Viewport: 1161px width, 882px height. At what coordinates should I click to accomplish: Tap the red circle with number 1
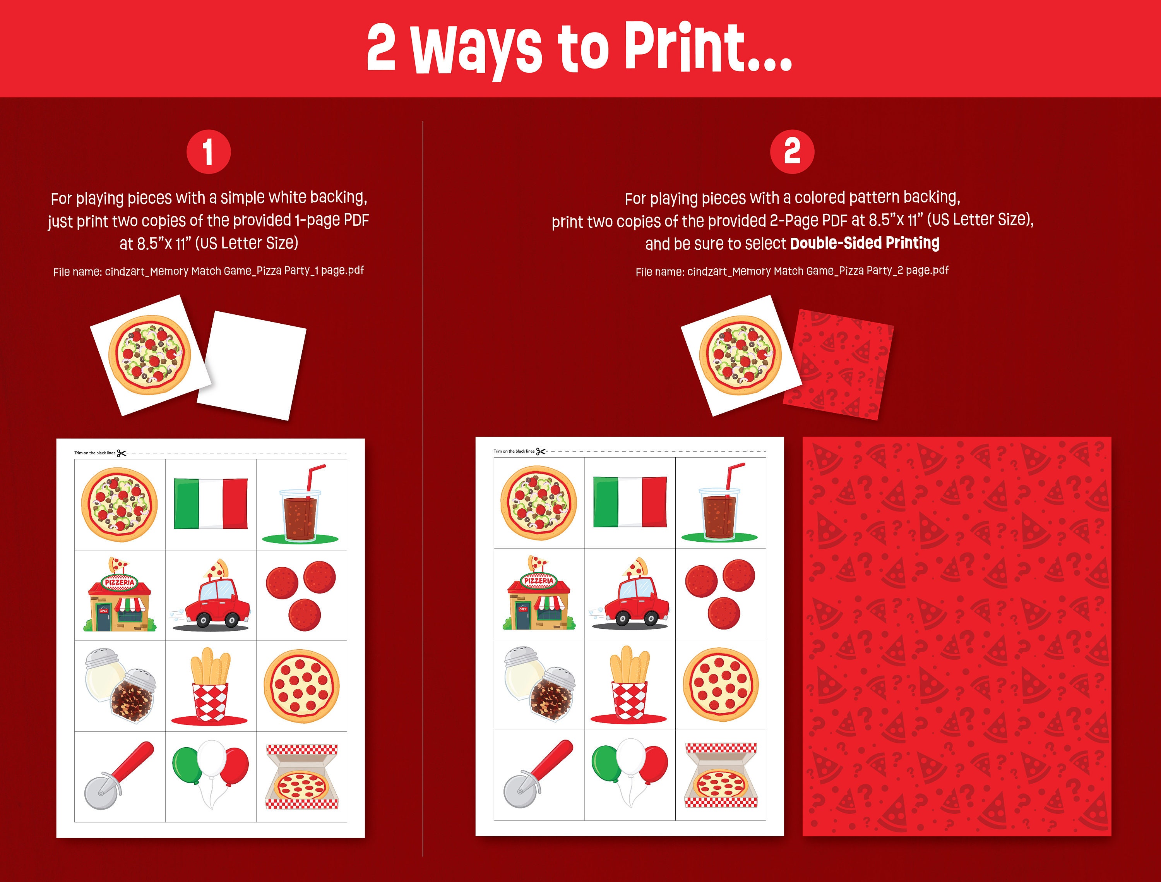(208, 152)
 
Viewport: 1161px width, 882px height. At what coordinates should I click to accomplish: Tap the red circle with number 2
(792, 152)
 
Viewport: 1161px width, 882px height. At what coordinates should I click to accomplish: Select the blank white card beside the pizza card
(252, 365)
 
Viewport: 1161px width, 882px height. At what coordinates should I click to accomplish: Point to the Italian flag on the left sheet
(211, 503)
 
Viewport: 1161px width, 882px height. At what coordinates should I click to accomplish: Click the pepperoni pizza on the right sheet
(720, 685)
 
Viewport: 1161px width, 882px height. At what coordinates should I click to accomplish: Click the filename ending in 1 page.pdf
(208, 271)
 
